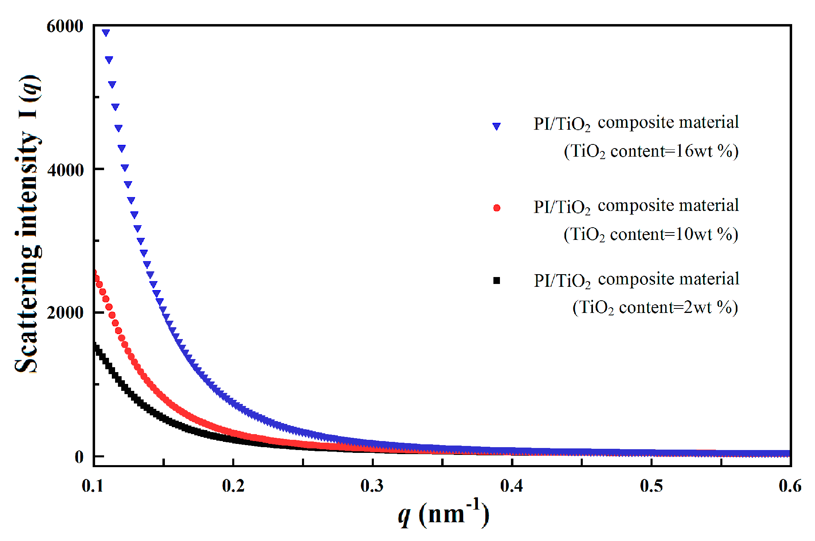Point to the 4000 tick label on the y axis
click(65, 170)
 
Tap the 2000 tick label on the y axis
click(65, 313)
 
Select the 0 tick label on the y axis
click(79, 457)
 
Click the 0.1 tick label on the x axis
click(93, 486)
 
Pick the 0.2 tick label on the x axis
click(233, 486)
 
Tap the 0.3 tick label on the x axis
click(372, 486)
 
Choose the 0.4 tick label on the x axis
click(512, 486)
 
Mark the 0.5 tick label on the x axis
click(651, 486)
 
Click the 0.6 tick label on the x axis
click(790, 486)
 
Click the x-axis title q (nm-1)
click(443, 513)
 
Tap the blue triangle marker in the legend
click(496, 126)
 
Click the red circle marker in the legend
click(497, 208)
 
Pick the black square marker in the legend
click(497, 280)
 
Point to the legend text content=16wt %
click(674, 151)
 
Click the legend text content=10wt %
click(674, 235)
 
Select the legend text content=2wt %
click(678, 308)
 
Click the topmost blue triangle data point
click(106, 33)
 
